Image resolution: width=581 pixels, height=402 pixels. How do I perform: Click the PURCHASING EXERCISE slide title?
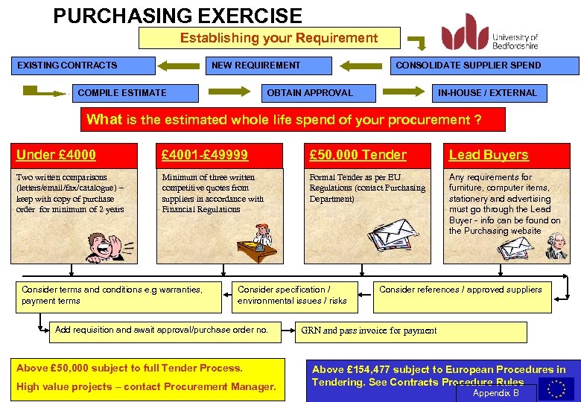(177, 16)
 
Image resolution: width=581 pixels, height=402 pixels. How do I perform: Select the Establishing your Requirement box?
(269, 38)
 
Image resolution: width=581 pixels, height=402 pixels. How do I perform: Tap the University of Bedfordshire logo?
(489, 33)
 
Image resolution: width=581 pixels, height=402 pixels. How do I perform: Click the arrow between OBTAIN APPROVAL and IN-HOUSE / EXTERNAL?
(407, 92)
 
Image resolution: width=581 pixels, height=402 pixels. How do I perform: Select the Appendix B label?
(496, 393)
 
